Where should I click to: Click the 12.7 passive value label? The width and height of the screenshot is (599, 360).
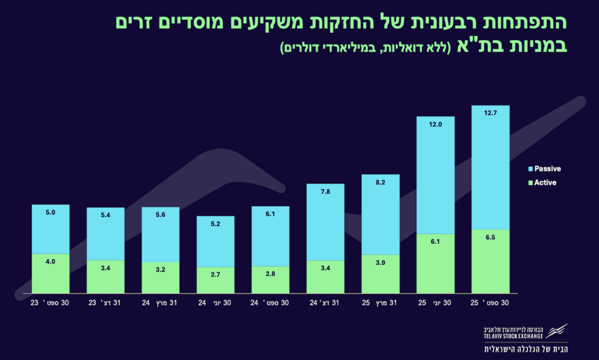[x=490, y=114]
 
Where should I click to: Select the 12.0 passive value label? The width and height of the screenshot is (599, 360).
[x=435, y=125]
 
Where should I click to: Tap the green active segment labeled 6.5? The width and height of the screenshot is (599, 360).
[x=490, y=261]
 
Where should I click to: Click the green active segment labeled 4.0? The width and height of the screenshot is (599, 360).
[x=50, y=273]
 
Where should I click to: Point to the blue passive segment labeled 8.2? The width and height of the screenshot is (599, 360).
[x=380, y=215]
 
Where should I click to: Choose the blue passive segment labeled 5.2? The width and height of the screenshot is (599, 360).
[x=215, y=242]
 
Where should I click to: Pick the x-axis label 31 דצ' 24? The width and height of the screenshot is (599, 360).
[x=325, y=303]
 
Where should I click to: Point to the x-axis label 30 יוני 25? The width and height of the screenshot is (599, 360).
[x=435, y=303]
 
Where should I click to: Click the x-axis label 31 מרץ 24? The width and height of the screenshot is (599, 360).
[x=160, y=303]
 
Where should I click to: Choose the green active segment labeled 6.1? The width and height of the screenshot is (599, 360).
[x=435, y=263]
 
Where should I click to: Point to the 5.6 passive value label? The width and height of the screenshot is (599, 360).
[x=160, y=215]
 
